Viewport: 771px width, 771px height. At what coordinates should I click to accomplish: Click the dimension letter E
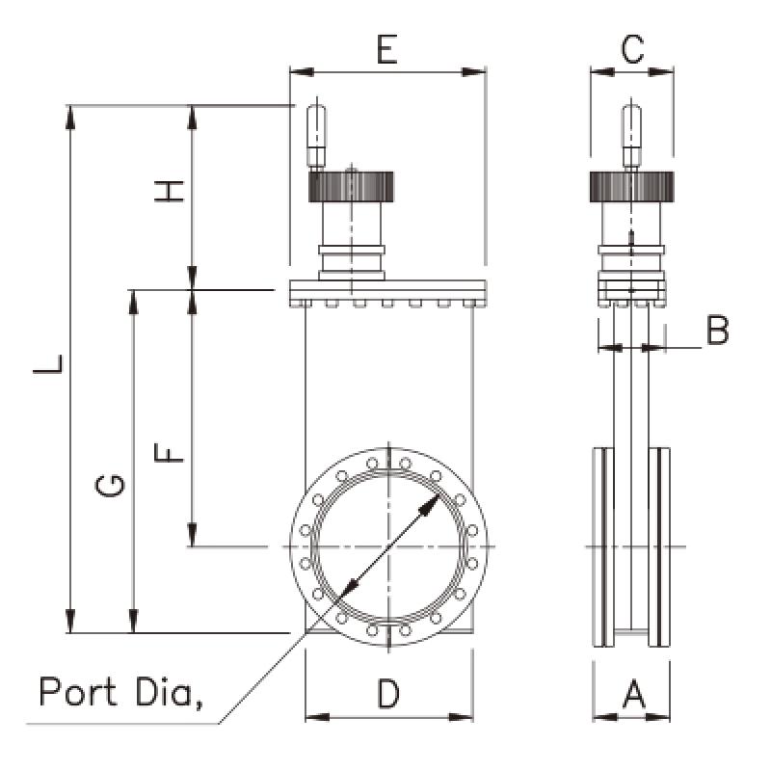coord(386,51)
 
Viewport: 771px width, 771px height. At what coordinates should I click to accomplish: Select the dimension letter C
coord(632,50)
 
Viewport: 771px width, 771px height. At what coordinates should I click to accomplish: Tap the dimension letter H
coord(170,190)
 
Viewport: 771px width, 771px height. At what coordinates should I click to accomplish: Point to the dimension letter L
coord(48,363)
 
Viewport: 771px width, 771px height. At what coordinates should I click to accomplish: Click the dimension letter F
coord(170,450)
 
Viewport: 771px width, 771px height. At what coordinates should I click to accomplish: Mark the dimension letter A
coord(632,694)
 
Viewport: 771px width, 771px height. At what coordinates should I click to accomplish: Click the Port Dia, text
coord(120,692)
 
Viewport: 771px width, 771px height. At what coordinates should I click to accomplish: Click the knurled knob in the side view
coord(630,184)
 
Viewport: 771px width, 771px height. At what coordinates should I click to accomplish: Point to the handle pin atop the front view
coord(315,135)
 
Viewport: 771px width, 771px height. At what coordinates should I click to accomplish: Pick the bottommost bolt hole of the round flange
coord(388,633)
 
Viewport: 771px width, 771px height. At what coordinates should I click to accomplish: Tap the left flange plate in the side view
coord(602,547)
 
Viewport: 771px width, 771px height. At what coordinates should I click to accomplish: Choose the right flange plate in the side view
coord(661,547)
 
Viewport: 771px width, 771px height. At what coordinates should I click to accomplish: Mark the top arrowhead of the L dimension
coord(69,114)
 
